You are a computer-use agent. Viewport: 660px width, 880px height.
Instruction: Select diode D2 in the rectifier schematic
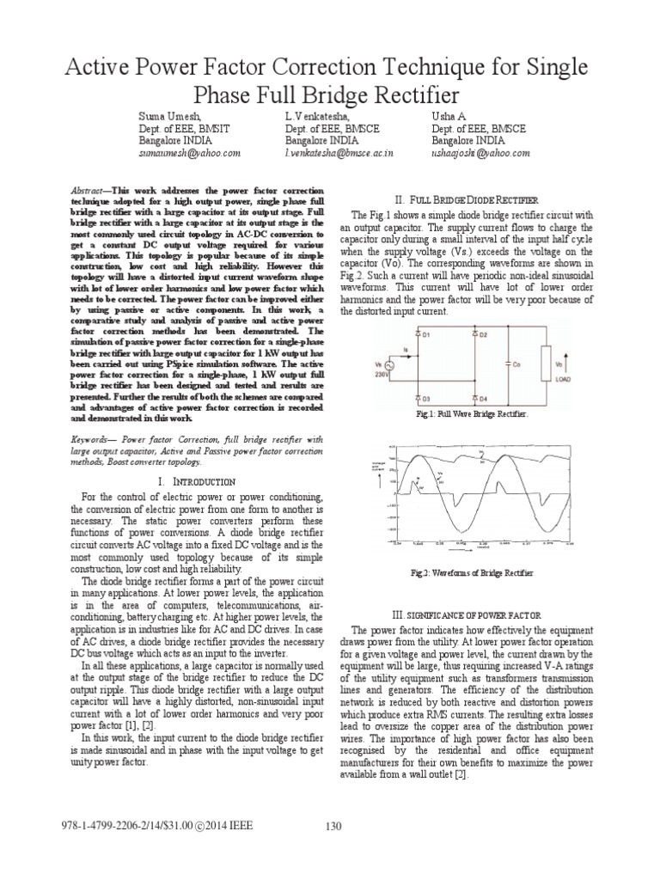[474, 332]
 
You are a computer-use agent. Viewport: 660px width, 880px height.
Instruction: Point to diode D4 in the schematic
[474, 397]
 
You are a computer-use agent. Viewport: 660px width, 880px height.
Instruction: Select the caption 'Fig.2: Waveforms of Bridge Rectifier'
[483, 572]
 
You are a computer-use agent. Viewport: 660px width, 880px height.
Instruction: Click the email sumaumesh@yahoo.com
[190, 152]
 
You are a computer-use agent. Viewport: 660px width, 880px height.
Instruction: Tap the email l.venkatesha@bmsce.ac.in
[339, 152]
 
